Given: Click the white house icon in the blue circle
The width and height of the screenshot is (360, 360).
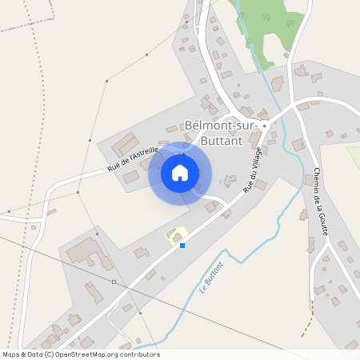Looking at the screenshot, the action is tap(180, 173).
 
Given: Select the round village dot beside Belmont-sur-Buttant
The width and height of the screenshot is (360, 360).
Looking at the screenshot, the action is tap(264, 126).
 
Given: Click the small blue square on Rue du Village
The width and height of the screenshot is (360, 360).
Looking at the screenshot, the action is tap(182, 245).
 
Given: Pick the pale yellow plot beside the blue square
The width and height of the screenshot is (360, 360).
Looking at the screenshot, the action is tap(174, 234).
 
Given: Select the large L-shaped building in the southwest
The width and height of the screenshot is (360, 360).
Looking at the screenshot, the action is tap(86, 253).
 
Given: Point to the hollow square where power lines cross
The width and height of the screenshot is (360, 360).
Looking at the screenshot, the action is tap(114, 282).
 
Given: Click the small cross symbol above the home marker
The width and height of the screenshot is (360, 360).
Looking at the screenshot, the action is tap(183, 152).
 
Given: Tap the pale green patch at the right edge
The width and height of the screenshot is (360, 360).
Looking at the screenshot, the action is tap(353, 156).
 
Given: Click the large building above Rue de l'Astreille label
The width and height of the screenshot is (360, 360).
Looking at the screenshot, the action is tap(125, 145).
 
